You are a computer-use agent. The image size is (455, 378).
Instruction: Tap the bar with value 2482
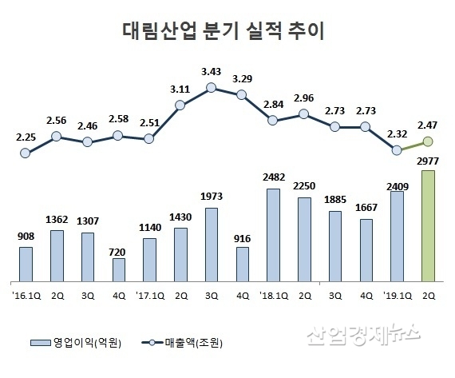coord(273,235)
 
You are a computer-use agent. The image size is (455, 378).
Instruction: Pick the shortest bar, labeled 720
coord(118,270)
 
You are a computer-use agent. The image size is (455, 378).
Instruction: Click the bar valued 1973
coord(212,245)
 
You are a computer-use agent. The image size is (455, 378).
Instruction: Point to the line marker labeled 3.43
coord(212,88)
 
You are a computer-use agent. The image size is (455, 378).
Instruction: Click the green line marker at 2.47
coord(428,142)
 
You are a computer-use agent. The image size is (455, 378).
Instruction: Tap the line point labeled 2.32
coord(397,150)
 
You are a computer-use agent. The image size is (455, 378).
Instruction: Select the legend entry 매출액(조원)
coord(184,343)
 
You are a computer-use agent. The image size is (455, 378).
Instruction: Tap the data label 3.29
coord(242,78)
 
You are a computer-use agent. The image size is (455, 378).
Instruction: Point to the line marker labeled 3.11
coord(180,105)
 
